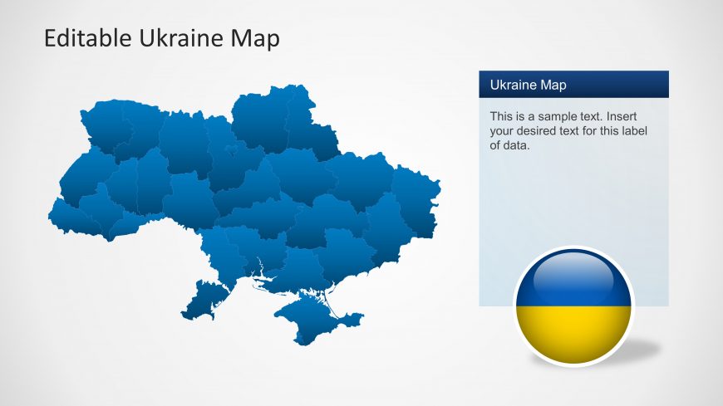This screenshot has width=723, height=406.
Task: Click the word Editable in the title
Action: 87,38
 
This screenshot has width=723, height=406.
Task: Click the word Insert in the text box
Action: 620,116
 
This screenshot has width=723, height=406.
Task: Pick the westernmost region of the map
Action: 74,220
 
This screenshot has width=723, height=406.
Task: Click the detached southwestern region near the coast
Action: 205,301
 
